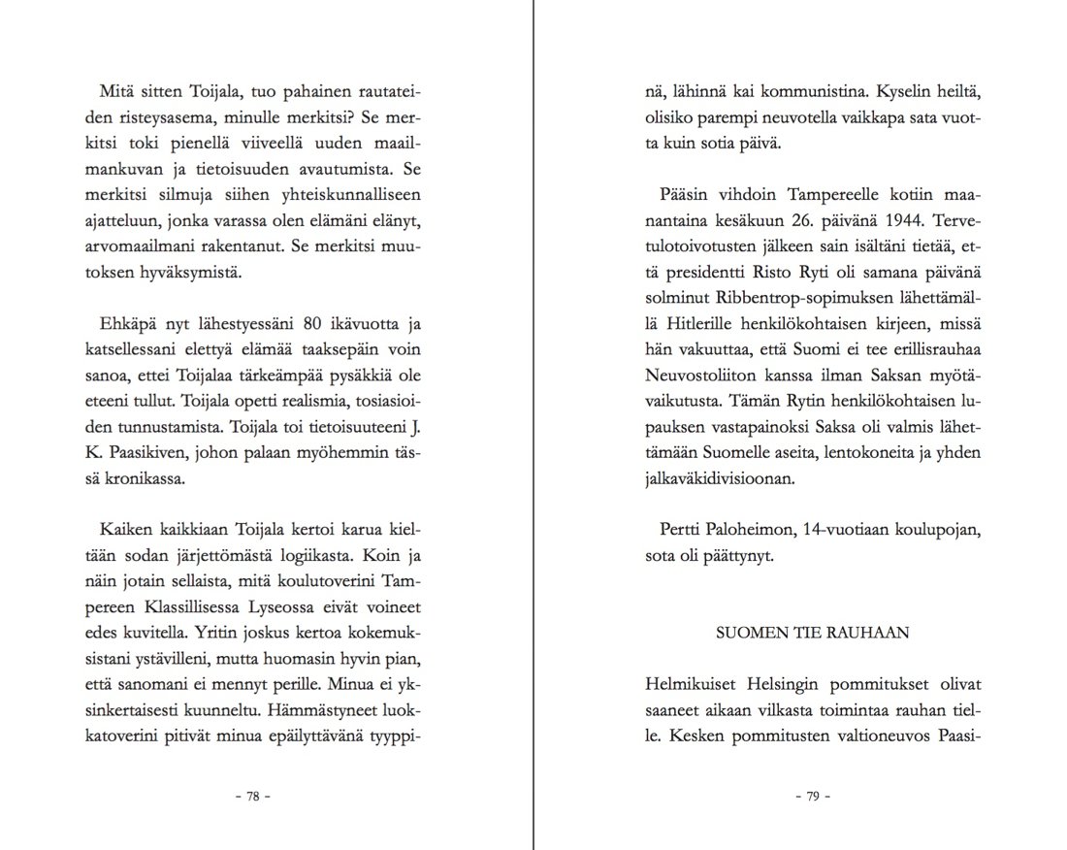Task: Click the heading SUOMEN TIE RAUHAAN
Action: tap(812, 634)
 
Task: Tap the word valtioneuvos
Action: tap(868, 735)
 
